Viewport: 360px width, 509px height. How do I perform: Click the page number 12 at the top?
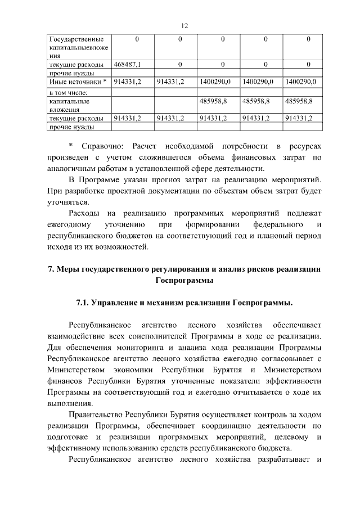[183, 25]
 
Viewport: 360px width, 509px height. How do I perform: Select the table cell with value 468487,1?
[127, 65]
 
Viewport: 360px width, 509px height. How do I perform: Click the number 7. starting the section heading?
[51, 269]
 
